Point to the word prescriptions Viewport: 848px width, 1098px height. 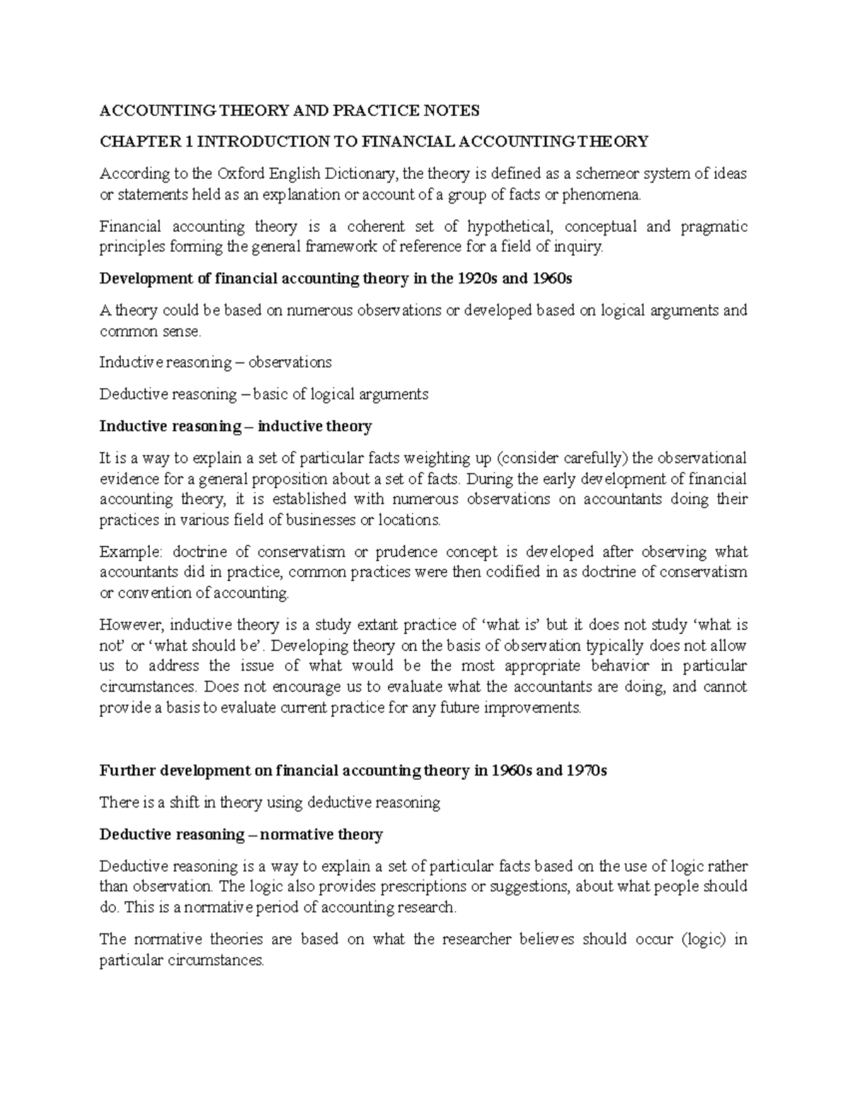click(425, 887)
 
